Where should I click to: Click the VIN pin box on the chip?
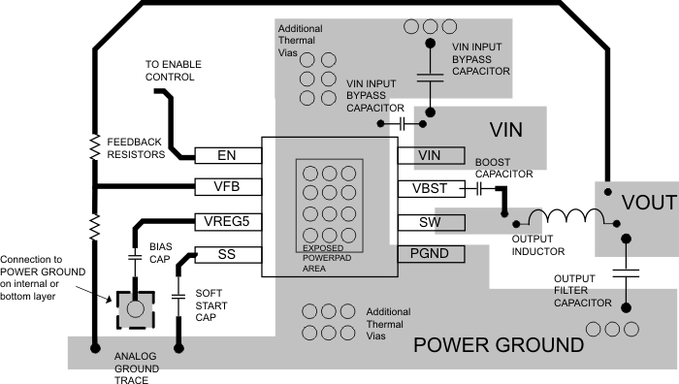tap(430, 155)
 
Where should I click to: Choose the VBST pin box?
tap(430, 189)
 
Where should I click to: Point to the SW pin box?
tap(430, 222)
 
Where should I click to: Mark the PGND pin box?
tap(430, 254)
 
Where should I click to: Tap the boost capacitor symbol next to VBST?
tap(479, 189)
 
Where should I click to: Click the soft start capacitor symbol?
tap(179, 294)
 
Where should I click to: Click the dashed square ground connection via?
tap(134, 308)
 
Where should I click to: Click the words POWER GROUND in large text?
tap(499, 346)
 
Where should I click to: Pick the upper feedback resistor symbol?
tap(95, 147)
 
